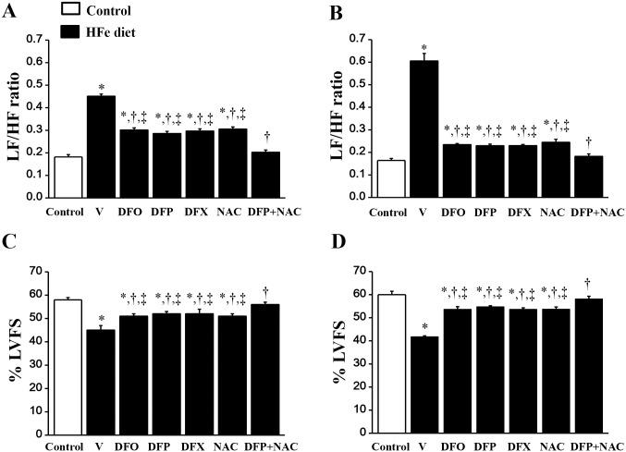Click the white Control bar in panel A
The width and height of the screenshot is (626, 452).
point(68,177)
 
